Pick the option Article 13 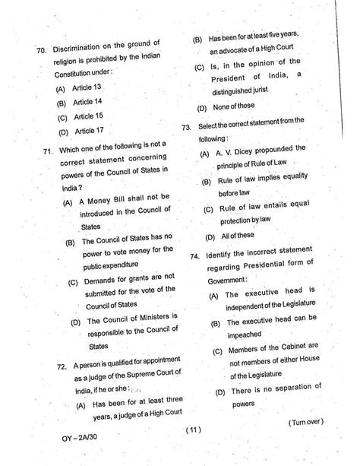[x=89, y=87]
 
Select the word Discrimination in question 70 [x=86, y=50]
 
